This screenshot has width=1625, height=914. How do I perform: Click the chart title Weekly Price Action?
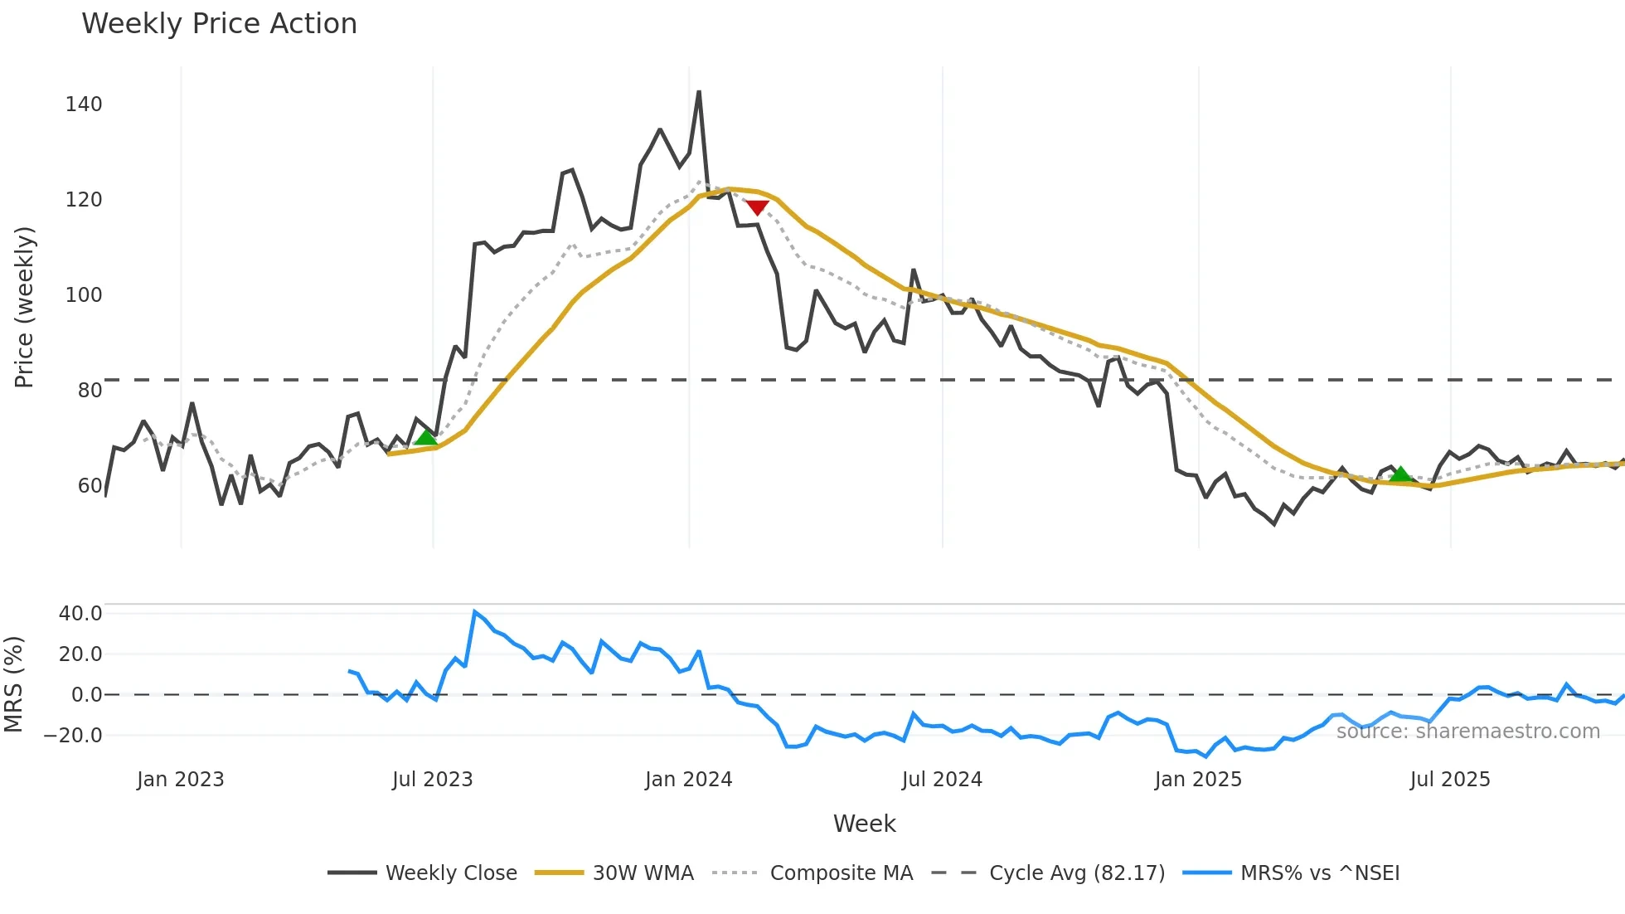(219, 24)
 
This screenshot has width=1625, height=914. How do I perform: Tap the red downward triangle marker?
(757, 207)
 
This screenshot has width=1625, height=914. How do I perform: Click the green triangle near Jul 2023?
(425, 437)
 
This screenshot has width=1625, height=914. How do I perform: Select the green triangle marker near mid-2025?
(1400, 474)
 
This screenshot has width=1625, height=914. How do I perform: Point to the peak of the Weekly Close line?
(699, 92)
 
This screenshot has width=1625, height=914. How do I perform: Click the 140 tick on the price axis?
(84, 105)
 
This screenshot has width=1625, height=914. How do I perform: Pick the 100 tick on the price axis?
(84, 295)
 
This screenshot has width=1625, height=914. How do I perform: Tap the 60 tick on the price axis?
(90, 486)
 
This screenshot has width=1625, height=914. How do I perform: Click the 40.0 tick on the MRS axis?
(80, 614)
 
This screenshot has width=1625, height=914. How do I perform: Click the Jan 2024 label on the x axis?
(688, 780)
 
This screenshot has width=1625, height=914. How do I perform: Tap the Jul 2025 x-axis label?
(1450, 780)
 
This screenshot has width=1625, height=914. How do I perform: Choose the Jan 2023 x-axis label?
(180, 780)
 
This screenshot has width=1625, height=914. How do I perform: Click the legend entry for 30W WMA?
(643, 873)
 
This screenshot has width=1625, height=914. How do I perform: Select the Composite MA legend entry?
(841, 873)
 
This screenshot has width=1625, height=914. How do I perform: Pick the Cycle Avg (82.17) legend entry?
(1076, 873)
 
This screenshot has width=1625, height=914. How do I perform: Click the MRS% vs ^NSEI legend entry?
(1319, 873)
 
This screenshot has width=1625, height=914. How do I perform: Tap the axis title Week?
(864, 824)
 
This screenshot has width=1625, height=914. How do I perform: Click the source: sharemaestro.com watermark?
(1467, 732)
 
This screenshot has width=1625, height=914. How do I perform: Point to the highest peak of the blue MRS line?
(474, 612)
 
